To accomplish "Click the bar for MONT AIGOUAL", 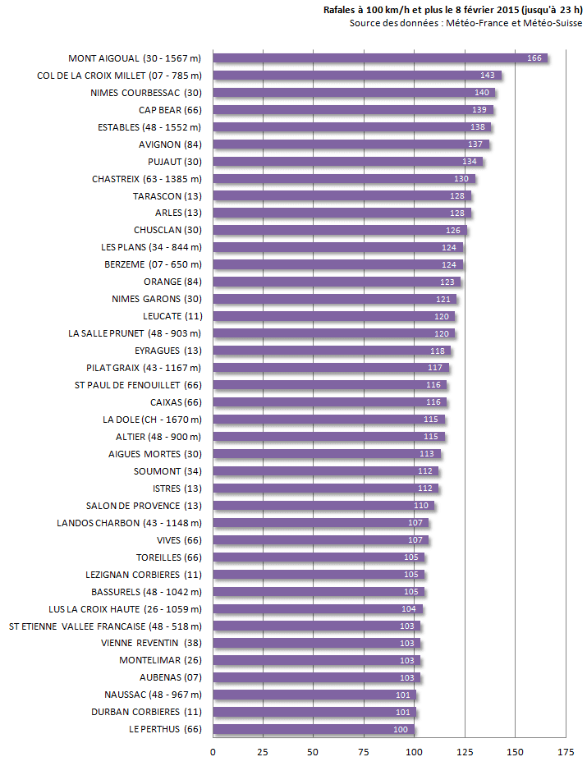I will pos(379,58).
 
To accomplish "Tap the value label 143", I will pos(488,76).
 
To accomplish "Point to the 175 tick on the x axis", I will pos(565,751).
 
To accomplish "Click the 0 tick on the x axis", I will pos(213,751).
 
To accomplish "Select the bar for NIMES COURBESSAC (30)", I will pos(353,93).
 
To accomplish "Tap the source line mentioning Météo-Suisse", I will pos(465,23).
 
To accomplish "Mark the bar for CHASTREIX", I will pos(343,179).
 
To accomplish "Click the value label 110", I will pos(421,506).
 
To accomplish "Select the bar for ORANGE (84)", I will pos(337,282).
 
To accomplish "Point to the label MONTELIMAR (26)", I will pos(160,660).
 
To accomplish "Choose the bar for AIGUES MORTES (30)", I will pos(326,454).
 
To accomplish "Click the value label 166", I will pos(534,58).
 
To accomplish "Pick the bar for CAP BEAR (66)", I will pos(353,110).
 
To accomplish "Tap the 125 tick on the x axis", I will pos(465,751).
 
